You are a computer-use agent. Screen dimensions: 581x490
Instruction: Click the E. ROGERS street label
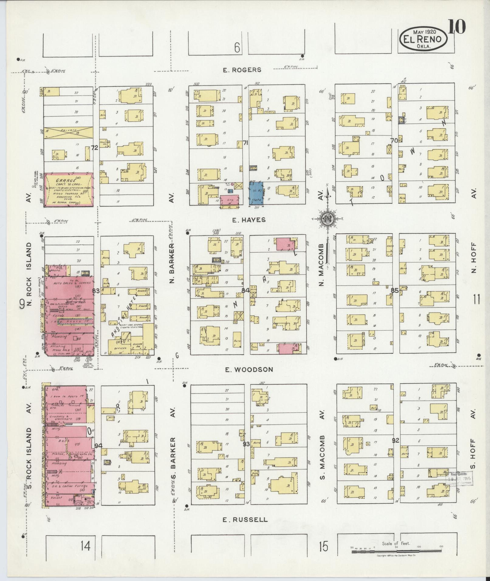pyautogui.click(x=242, y=70)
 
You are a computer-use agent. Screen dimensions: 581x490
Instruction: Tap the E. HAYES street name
pyautogui.click(x=245, y=220)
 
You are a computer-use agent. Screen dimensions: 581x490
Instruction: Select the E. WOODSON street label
pyautogui.click(x=249, y=370)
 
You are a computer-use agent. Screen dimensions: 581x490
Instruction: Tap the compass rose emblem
pyautogui.click(x=328, y=218)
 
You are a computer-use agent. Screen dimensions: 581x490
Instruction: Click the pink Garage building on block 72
pyautogui.click(x=69, y=190)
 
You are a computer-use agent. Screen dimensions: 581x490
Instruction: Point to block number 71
pyautogui.click(x=245, y=142)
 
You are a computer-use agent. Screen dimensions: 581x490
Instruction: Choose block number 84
pyautogui.click(x=245, y=290)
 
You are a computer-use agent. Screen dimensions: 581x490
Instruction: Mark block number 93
pyautogui.click(x=246, y=444)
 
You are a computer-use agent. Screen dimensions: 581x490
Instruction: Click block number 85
pyautogui.click(x=394, y=290)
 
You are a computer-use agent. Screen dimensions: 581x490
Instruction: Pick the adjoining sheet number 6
pyautogui.click(x=237, y=47)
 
